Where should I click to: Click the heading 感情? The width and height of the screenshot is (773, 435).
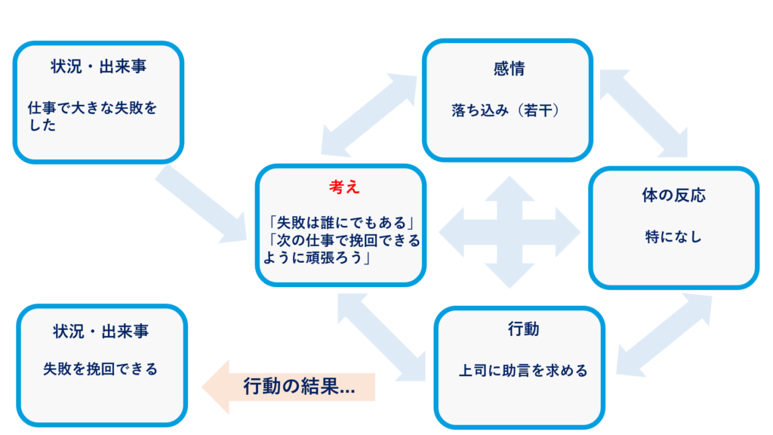pyautogui.click(x=508, y=69)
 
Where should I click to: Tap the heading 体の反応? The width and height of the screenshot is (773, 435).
pyautogui.click(x=673, y=196)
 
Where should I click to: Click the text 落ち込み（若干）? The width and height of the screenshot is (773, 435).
pyautogui.click(x=504, y=111)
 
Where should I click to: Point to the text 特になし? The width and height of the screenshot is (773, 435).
pyautogui.click(x=673, y=236)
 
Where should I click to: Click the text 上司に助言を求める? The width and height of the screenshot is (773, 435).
pyautogui.click(x=523, y=371)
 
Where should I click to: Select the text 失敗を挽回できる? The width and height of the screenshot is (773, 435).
pyautogui.click(x=100, y=369)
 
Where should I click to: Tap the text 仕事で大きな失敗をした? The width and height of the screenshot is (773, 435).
pyautogui.click(x=92, y=116)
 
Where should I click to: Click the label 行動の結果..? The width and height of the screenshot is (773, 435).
pyautogui.click(x=299, y=387)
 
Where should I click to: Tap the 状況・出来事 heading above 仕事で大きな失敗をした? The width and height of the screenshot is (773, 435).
pyautogui.click(x=98, y=66)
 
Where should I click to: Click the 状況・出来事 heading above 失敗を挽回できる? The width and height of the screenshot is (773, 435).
pyautogui.click(x=100, y=330)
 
